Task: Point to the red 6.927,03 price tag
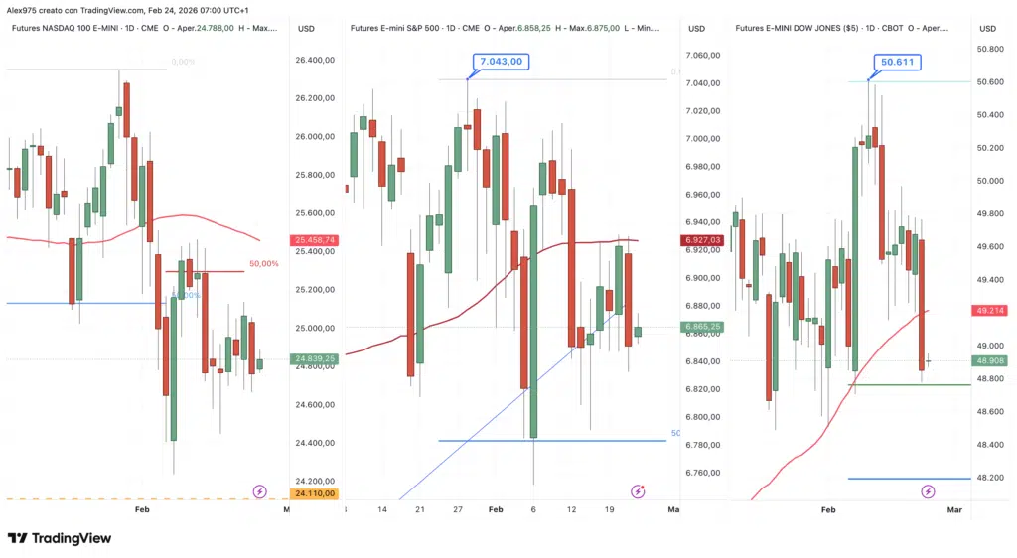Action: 701,240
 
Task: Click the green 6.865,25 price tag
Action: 701,327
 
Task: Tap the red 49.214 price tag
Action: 992,310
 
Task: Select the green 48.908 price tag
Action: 992,360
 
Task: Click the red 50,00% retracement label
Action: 263,264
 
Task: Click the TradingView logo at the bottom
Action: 60,538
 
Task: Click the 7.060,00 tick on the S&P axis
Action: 701,55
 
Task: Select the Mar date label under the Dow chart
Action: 954,509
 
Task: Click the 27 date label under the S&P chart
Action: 458,509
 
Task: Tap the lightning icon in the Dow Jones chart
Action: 928,491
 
